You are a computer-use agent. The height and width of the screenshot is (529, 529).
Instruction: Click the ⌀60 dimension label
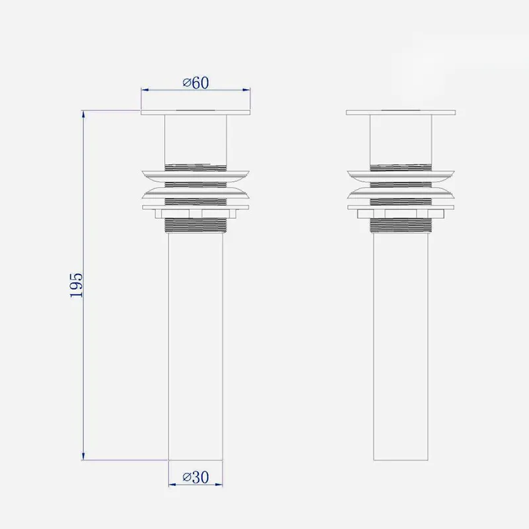tap(196, 83)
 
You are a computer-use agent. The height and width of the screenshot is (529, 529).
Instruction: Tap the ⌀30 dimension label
tap(196, 477)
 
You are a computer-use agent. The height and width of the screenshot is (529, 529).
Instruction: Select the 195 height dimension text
tap(76, 285)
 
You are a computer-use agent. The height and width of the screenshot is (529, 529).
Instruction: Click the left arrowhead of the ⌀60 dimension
tap(145, 90)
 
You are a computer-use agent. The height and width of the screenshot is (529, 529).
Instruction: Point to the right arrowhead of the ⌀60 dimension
tap(246, 90)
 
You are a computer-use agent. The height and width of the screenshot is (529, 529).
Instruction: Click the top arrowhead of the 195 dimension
tap(83, 114)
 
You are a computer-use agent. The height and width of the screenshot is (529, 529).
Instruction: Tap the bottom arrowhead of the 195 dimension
tap(83, 456)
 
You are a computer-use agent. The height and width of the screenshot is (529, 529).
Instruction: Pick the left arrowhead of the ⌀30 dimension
tap(173, 485)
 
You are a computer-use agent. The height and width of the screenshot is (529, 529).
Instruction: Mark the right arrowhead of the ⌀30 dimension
tap(219, 485)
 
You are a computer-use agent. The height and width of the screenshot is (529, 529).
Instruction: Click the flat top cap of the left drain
tap(196, 112)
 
